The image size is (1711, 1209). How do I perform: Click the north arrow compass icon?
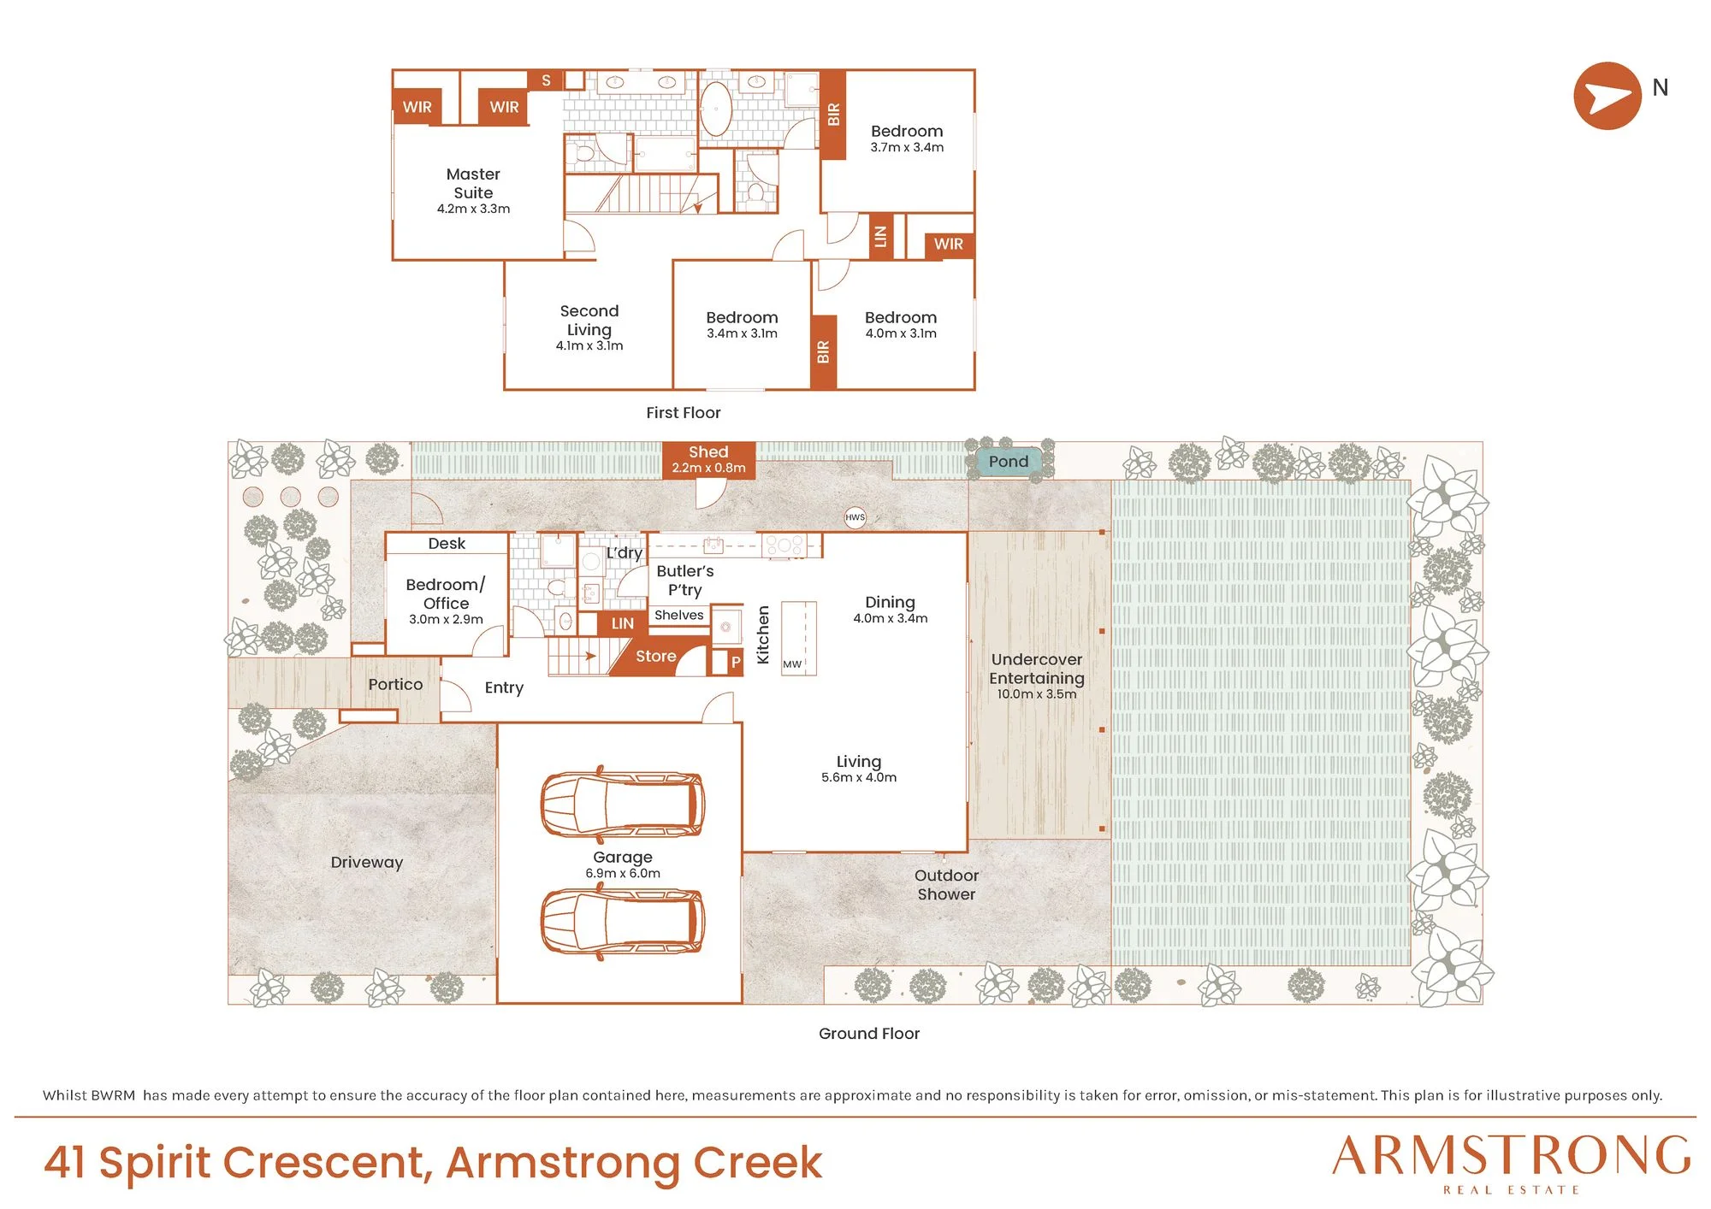click(1607, 96)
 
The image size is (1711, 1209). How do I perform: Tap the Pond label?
click(1009, 462)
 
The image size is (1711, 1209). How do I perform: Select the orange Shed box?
click(708, 460)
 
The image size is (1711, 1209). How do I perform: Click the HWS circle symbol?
click(855, 517)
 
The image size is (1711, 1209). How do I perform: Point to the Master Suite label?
click(473, 183)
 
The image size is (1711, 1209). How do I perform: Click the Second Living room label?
click(589, 320)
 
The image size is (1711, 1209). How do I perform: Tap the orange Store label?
click(655, 657)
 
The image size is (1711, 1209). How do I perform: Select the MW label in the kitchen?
click(792, 664)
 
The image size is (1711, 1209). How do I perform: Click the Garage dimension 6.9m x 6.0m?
click(623, 873)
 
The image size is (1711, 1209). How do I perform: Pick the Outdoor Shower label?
click(946, 884)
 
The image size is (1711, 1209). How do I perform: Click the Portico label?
click(395, 684)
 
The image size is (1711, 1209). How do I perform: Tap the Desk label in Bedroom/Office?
click(447, 544)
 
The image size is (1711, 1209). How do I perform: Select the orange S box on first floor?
click(546, 80)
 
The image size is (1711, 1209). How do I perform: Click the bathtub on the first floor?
click(716, 109)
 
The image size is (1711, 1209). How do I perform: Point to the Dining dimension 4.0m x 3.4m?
click(891, 618)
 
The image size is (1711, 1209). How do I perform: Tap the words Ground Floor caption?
click(869, 1033)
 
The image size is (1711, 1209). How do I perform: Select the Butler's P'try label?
click(685, 581)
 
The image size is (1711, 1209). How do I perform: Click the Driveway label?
click(367, 863)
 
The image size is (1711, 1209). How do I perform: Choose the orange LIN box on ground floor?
click(623, 623)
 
